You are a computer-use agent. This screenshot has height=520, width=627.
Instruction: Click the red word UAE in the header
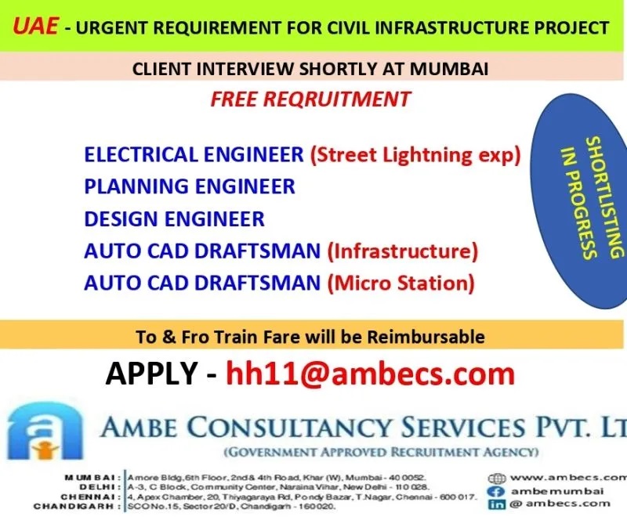[x=35, y=26]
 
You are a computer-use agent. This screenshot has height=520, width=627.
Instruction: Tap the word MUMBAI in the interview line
[x=448, y=69]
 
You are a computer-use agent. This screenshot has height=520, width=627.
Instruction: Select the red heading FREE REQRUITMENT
[x=310, y=99]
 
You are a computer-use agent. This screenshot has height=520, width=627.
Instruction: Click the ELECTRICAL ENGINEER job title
[x=194, y=155]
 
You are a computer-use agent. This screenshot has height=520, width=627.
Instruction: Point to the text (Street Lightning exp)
[x=415, y=155]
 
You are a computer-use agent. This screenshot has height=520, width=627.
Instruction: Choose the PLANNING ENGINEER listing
[x=190, y=186]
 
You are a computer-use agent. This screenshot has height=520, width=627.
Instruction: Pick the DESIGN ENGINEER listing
[x=174, y=219]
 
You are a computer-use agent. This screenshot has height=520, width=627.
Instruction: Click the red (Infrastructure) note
[x=403, y=251]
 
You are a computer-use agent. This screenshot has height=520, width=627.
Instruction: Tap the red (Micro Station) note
[x=401, y=283]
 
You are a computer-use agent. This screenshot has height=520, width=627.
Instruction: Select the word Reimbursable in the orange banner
[x=426, y=337]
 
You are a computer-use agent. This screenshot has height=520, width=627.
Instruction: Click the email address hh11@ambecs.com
[x=370, y=374]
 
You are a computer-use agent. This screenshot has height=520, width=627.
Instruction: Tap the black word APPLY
[x=151, y=374]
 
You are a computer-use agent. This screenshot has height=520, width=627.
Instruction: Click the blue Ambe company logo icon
[x=45, y=431]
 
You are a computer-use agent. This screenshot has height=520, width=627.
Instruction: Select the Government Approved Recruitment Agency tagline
[x=381, y=452]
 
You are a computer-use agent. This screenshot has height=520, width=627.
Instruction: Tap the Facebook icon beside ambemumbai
[x=496, y=492]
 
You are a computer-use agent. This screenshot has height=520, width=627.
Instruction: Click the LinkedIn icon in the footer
[x=496, y=504]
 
